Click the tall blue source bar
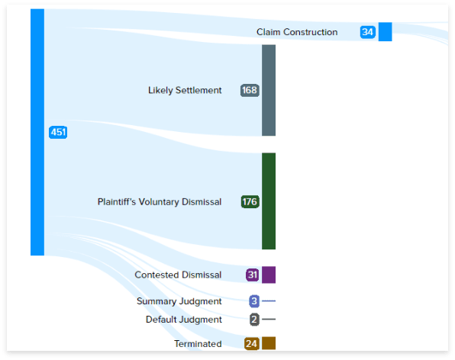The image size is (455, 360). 37,132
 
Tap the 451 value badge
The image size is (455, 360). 58,132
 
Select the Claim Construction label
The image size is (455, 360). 297,32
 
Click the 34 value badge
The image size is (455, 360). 368,32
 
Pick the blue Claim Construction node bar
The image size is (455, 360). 385,31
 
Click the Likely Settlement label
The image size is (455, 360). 185,90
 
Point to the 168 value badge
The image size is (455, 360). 250,90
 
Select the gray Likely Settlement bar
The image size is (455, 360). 269,90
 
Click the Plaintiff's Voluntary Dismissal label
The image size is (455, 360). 160,202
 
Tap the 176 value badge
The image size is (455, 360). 250,202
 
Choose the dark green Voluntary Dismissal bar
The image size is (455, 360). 269,201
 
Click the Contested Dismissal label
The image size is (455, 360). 178,275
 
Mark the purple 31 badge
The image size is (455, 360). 253,275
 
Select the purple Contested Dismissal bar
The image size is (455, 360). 269,275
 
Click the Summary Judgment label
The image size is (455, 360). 179,301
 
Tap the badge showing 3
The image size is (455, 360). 254,301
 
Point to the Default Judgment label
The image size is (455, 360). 184,320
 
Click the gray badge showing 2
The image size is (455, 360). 254,320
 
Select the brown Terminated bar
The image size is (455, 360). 269,343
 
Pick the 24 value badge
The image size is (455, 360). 252,344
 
